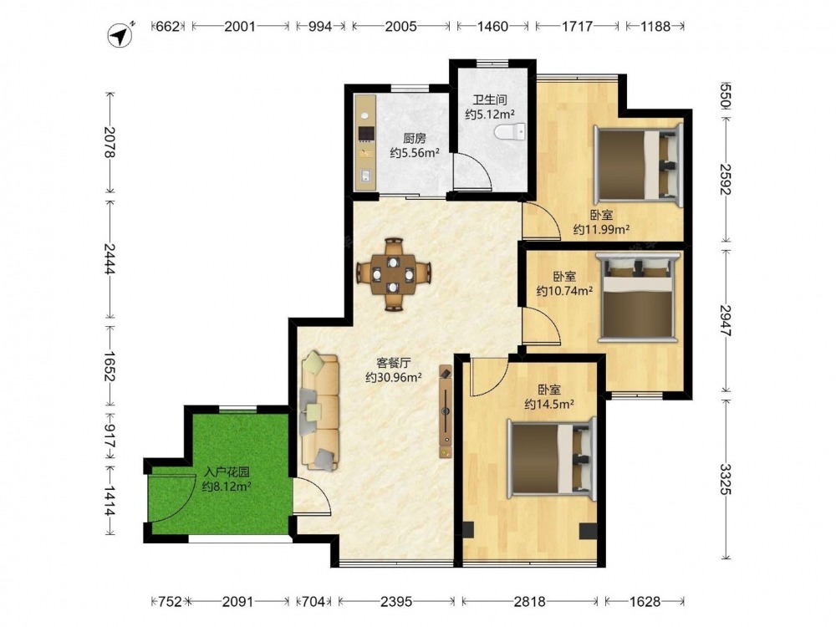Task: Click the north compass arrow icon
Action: click(x=121, y=35)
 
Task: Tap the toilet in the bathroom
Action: click(x=510, y=132)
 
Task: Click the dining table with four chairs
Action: click(x=394, y=274)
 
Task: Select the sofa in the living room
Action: click(x=320, y=411)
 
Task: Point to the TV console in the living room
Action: click(x=446, y=411)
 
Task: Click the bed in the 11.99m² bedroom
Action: click(x=638, y=165)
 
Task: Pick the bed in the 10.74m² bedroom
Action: click(x=638, y=297)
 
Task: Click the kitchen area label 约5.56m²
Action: click(x=415, y=153)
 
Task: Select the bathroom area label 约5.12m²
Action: click(x=489, y=114)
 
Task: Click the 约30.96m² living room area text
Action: click(x=394, y=378)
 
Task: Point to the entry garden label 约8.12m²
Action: click(x=227, y=487)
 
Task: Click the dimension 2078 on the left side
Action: click(x=110, y=142)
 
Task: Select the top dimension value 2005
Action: click(x=400, y=26)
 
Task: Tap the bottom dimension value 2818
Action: click(x=529, y=601)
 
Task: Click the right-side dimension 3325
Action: click(x=725, y=479)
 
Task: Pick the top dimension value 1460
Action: click(x=492, y=26)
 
